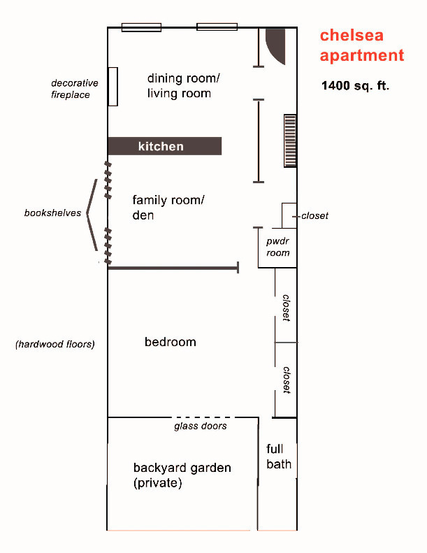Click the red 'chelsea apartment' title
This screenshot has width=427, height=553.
(362, 45)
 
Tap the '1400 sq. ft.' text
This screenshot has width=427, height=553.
(355, 86)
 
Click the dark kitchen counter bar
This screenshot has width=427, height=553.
(165, 146)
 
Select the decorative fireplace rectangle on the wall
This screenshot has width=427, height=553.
(113, 87)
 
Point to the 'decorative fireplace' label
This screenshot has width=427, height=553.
(74, 89)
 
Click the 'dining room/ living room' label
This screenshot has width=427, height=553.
(183, 86)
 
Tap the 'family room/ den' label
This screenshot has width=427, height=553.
(168, 208)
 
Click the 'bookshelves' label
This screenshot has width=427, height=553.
(52, 213)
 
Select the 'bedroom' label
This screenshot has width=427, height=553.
(171, 342)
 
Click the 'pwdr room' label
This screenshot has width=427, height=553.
(278, 247)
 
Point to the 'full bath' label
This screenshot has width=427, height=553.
(279, 457)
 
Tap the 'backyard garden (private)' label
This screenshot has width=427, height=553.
(182, 475)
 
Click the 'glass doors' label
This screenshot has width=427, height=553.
(201, 426)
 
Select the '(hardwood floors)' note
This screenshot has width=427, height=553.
(55, 344)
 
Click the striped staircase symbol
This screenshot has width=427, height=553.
(290, 141)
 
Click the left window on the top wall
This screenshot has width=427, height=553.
(141, 27)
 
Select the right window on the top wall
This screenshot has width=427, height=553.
(217, 27)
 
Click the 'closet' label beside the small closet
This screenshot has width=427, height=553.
(314, 216)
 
